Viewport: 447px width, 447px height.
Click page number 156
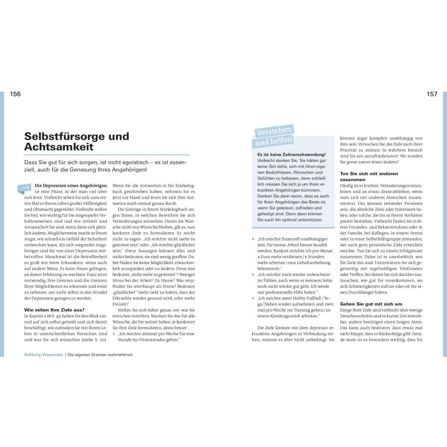tap(15, 94)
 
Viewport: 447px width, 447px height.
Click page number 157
tap(432, 94)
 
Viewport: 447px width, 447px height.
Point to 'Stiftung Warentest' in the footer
tap(44, 355)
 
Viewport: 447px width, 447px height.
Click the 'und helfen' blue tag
tap(273, 141)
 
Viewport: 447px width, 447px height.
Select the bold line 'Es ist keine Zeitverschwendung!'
tap(292, 155)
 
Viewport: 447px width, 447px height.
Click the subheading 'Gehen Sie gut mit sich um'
tap(371, 304)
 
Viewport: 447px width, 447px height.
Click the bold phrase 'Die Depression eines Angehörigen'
tap(71, 186)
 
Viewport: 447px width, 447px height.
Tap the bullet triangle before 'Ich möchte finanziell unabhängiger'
tap(254, 239)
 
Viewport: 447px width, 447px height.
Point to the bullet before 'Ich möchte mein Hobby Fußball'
tap(254, 298)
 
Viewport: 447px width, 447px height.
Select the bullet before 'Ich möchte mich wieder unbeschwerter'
tap(254, 274)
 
